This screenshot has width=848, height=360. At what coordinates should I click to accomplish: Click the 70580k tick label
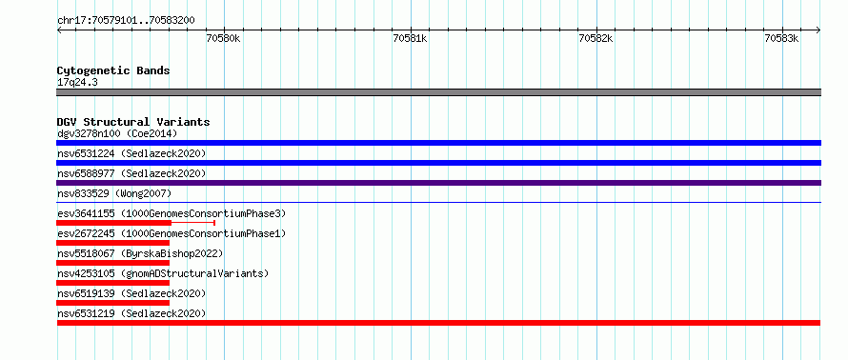(223, 39)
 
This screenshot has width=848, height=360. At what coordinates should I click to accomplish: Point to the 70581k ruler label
(410, 39)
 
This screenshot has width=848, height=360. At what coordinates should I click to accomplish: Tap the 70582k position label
(596, 39)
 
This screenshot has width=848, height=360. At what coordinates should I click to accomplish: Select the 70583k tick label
(781, 39)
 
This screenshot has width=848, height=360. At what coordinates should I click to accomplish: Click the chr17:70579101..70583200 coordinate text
(126, 21)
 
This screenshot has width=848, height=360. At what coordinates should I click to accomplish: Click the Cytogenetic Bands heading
(113, 70)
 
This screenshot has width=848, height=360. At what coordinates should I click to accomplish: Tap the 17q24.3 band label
(77, 83)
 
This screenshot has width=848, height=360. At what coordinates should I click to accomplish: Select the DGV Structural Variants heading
(133, 122)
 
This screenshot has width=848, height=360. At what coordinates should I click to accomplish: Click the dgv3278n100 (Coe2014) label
(117, 133)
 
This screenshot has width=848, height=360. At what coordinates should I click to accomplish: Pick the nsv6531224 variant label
(131, 153)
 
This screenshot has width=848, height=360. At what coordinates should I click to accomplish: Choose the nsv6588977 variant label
(131, 173)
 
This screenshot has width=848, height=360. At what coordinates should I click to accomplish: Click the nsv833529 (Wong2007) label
(114, 193)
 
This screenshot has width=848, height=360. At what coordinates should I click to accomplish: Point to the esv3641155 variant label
(172, 213)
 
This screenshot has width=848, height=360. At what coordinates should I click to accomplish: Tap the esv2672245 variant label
(172, 233)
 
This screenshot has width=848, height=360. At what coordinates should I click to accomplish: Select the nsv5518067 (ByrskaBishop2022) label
(140, 253)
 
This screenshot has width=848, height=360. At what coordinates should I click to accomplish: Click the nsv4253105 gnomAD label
(163, 273)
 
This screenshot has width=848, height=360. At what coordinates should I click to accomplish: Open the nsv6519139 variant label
(131, 293)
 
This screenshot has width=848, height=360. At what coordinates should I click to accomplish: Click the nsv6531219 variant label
(131, 313)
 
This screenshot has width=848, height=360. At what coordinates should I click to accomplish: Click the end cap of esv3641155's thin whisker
(214, 223)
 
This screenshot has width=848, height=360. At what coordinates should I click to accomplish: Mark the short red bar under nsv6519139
(113, 303)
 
